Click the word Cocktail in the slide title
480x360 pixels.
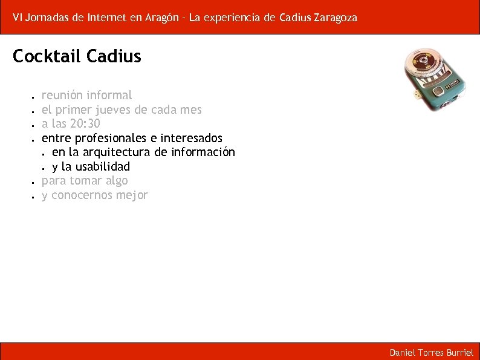[47, 56]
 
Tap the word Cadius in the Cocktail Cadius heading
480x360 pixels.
[114, 56]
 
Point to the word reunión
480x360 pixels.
[62, 95]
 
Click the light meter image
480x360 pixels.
[436, 79]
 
